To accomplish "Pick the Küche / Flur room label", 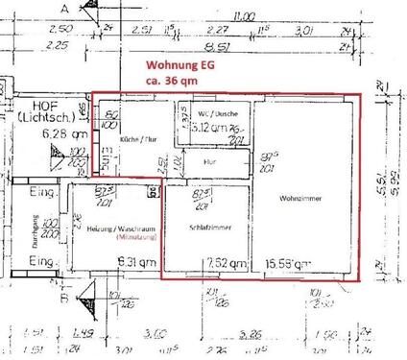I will click(136, 139).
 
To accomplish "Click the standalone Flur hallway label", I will click(209, 162).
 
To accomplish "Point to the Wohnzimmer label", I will click(299, 198).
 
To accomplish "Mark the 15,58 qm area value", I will click(288, 263).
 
